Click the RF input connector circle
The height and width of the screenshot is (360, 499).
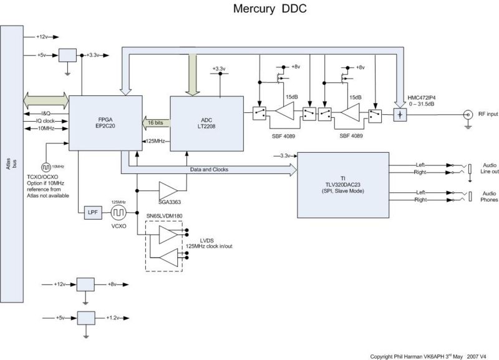point(466,114)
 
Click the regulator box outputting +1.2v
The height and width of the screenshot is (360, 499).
point(85,318)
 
